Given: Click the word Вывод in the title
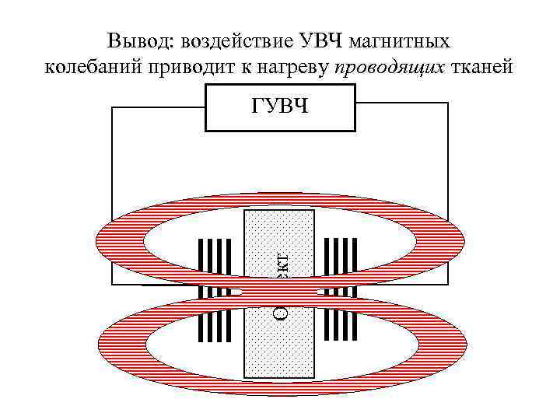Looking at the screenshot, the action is pyautogui.click(x=135, y=40).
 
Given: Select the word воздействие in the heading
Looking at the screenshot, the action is pyautogui.click(x=231, y=40).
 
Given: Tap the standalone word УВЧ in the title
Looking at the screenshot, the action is pyautogui.click(x=318, y=40).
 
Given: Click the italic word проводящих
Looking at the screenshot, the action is pyautogui.click(x=390, y=68).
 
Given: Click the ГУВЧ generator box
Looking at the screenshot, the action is pyautogui.click(x=280, y=107).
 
